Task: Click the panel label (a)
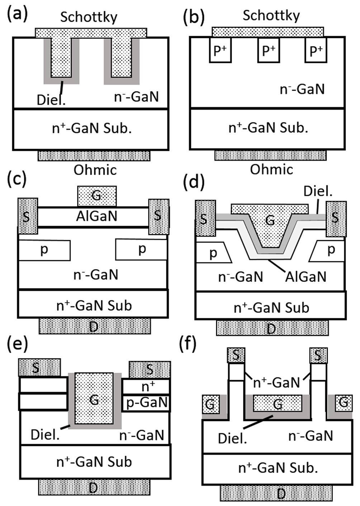[17, 14]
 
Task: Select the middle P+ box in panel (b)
[269, 51]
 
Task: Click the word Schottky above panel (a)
[89, 17]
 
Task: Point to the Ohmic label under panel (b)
[271, 169]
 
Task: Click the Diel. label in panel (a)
[51, 100]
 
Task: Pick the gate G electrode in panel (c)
[97, 196]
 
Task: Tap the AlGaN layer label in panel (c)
[96, 217]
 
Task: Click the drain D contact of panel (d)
[272, 328]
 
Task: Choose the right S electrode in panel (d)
[336, 219]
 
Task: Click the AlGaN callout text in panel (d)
[305, 277]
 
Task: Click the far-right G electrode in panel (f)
[344, 403]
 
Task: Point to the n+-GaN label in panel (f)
[276, 383]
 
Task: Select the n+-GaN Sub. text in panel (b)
[268, 128]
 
